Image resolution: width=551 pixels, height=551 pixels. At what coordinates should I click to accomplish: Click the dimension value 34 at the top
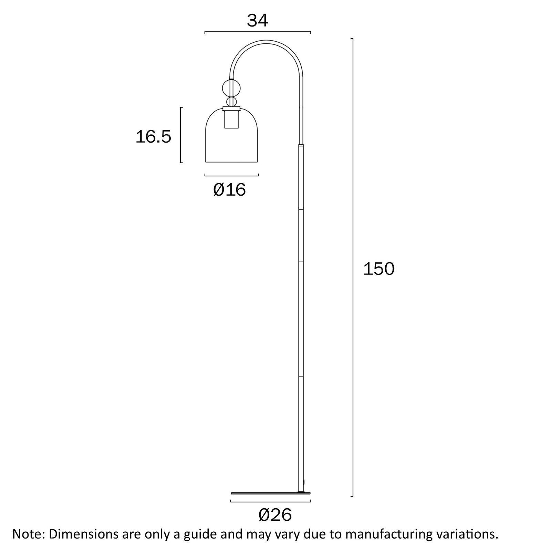point(258,21)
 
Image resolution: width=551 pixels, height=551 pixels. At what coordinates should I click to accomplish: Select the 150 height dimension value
point(379,269)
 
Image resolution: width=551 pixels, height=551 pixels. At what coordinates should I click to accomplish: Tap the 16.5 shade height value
point(153,137)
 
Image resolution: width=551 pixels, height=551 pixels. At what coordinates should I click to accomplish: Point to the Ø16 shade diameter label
point(230,189)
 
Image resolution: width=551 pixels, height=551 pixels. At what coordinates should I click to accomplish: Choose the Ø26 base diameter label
point(275,515)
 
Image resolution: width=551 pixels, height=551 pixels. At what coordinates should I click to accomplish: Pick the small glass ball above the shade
point(231,102)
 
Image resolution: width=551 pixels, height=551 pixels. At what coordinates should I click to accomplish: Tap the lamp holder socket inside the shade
point(231,118)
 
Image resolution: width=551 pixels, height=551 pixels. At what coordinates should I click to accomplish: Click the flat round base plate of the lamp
point(271,493)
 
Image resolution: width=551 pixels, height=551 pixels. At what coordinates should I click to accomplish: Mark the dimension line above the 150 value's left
point(352,267)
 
